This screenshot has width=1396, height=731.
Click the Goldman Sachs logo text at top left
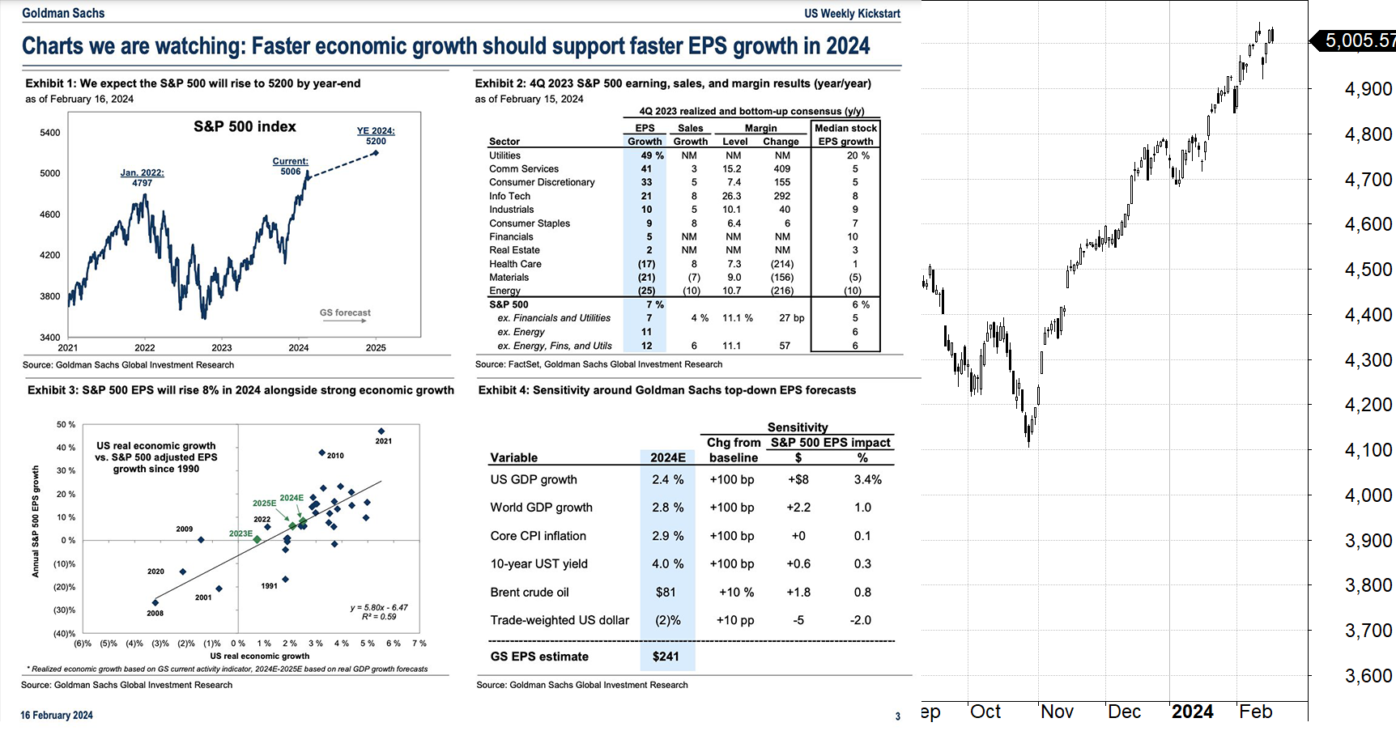(63, 13)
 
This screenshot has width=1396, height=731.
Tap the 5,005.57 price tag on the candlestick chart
(1359, 40)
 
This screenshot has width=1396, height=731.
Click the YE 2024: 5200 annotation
(376, 136)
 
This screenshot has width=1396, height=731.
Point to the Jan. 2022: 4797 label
(142, 178)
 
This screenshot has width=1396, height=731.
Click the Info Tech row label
(509, 196)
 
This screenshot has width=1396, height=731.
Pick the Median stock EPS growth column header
(845, 134)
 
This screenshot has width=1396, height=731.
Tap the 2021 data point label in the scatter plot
(384, 441)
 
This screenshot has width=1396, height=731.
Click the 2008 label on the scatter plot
(155, 614)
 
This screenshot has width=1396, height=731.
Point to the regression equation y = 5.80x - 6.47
(379, 607)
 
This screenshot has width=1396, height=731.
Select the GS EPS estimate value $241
(666, 657)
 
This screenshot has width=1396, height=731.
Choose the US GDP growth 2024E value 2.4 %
(667, 479)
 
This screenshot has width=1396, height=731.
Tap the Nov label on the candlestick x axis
(1057, 712)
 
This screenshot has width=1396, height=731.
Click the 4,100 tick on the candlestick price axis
(1368, 450)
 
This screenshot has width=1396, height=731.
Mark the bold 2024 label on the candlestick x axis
(1192, 712)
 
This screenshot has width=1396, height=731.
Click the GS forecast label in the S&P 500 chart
(345, 312)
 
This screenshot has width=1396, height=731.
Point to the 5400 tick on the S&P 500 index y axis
(49, 133)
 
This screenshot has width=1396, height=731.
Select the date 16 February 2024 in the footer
(57, 716)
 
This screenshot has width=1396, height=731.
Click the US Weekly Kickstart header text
(852, 13)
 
